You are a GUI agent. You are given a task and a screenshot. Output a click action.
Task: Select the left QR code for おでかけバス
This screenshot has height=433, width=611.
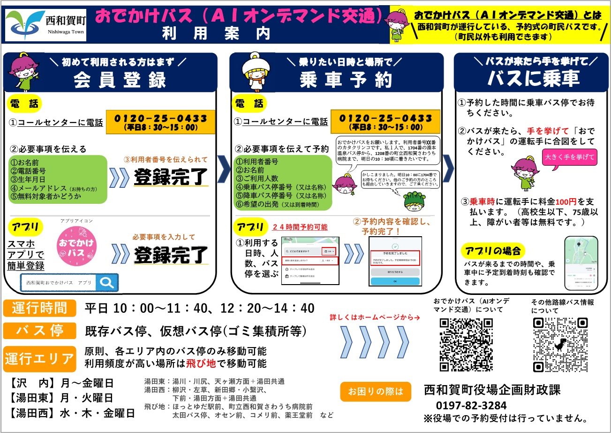pyautogui.click(x=466, y=344)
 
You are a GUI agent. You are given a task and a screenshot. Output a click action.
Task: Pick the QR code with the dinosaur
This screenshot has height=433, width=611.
pyautogui.click(x=560, y=344)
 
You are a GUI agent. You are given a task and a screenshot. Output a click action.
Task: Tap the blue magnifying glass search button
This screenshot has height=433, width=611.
pyautogui.click(x=107, y=282)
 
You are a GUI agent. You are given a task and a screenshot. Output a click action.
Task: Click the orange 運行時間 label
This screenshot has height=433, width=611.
pyautogui.click(x=39, y=308)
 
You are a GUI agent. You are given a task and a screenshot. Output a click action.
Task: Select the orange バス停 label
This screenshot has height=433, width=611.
pyautogui.click(x=39, y=330)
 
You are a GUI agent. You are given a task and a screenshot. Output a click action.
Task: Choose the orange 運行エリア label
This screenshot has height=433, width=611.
pyautogui.click(x=39, y=359)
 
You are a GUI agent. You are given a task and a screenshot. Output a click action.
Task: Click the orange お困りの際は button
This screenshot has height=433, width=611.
pyautogui.click(x=376, y=391)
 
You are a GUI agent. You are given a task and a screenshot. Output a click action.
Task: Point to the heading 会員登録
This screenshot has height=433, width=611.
pyautogui.click(x=120, y=80)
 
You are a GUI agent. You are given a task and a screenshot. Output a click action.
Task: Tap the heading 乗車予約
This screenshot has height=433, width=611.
pyautogui.click(x=346, y=80)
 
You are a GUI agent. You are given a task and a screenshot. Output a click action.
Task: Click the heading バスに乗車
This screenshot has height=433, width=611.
pyautogui.click(x=534, y=79)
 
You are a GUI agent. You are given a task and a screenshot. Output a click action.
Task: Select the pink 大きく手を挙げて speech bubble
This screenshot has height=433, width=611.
pyautogui.click(x=569, y=157)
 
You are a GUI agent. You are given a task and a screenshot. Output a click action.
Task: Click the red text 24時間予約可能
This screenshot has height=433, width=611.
pyautogui.click(x=300, y=227)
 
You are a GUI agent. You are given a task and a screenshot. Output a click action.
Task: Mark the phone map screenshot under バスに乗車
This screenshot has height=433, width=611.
pyautogui.click(x=581, y=263)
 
